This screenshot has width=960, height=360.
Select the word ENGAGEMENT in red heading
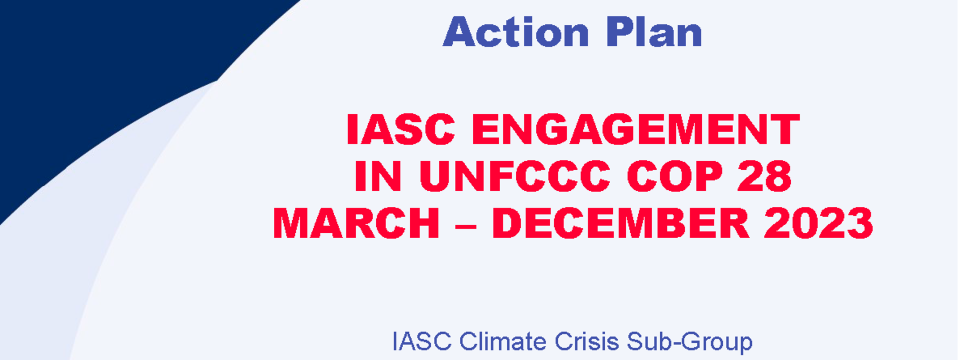click(636, 129)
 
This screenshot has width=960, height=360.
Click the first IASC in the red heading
click(401, 129)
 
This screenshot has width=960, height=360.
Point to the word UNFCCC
click(514, 176)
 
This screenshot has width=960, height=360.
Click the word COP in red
click(675, 176)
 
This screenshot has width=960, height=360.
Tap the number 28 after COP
click(765, 176)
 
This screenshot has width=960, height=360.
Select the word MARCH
click(356, 223)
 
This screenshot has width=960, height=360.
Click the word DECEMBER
click(621, 223)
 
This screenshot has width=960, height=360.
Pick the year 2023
click(818, 223)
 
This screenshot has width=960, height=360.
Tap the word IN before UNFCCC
click(378, 176)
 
